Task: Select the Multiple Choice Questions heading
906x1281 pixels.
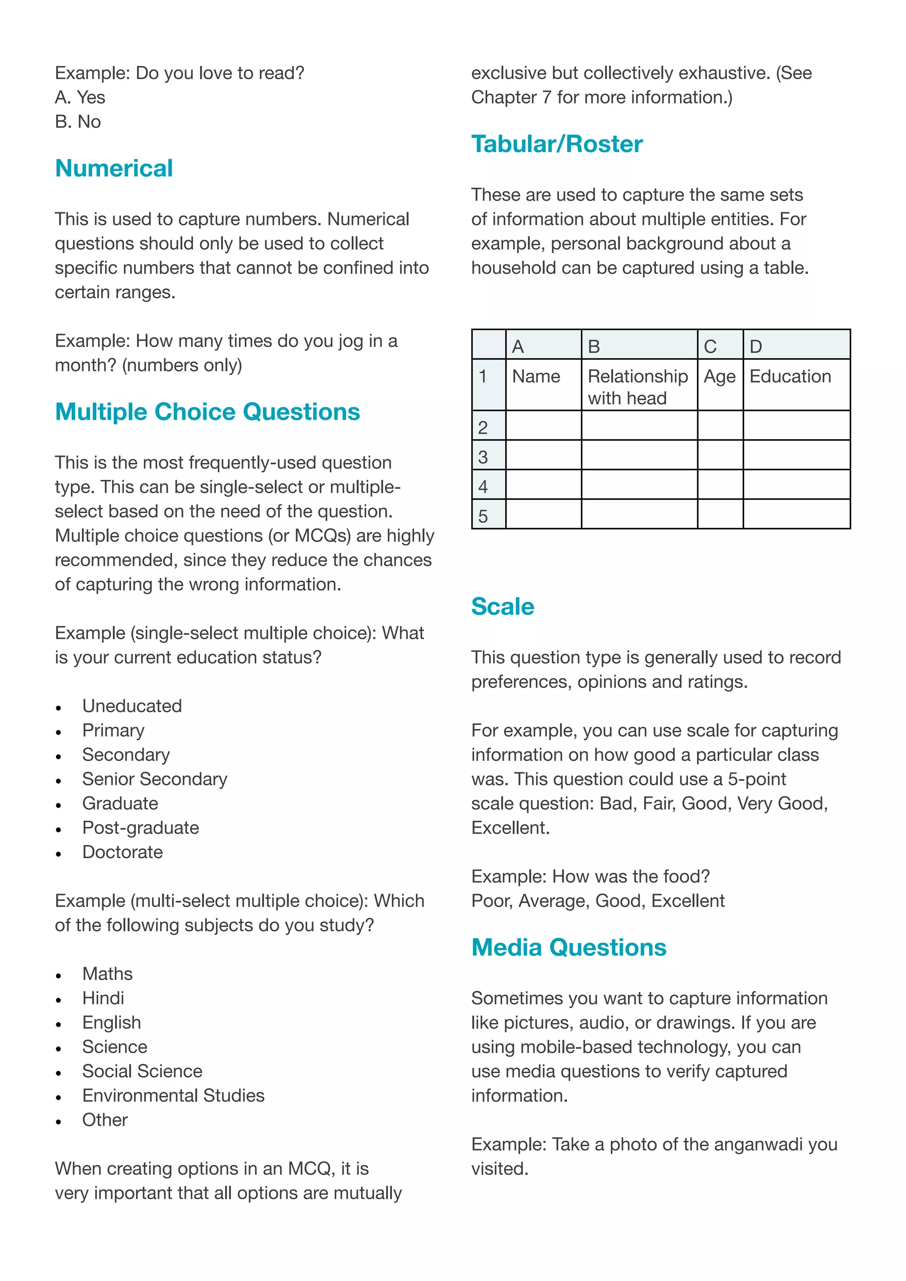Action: pyautogui.click(x=207, y=412)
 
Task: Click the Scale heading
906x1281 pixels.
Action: pyautogui.click(x=502, y=606)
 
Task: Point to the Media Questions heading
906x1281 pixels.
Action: pyautogui.click(x=568, y=947)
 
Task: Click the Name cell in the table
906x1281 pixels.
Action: pyautogui.click(x=536, y=376)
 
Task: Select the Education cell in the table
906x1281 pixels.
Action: pyautogui.click(x=790, y=376)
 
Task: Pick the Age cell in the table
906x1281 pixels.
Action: pyautogui.click(x=719, y=376)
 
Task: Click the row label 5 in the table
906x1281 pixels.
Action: pyautogui.click(x=483, y=516)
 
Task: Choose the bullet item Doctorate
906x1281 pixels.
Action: pyautogui.click(x=122, y=852)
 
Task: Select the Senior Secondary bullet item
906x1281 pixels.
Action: pyautogui.click(x=154, y=779)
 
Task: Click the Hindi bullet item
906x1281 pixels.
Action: pyautogui.click(x=103, y=998)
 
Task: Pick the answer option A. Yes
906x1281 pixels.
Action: pyautogui.click(x=80, y=98)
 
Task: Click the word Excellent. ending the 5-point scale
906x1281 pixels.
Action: pyautogui.click(x=510, y=828)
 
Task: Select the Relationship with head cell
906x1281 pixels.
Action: pyautogui.click(x=637, y=387)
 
